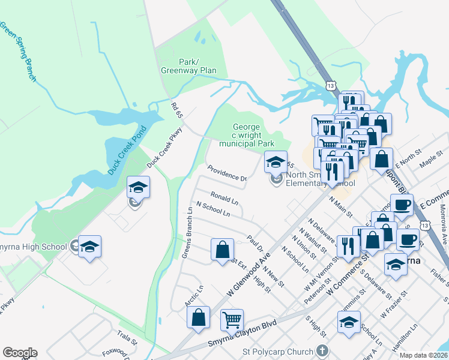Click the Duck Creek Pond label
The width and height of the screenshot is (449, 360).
point(127,151)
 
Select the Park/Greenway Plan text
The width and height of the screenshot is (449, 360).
point(188,66)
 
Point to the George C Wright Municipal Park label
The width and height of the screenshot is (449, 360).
point(247,136)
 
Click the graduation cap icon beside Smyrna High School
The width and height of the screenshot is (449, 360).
point(90,246)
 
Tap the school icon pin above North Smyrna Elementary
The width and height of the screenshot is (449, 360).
point(276,161)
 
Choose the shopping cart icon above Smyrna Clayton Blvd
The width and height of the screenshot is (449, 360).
point(232,319)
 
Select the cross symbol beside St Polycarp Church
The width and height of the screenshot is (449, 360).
point(322,350)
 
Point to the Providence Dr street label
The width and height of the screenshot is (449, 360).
point(227,174)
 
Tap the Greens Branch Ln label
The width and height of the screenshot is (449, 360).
point(187,233)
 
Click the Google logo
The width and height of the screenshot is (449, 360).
point(20,353)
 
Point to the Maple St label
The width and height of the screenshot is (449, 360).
point(431,160)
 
